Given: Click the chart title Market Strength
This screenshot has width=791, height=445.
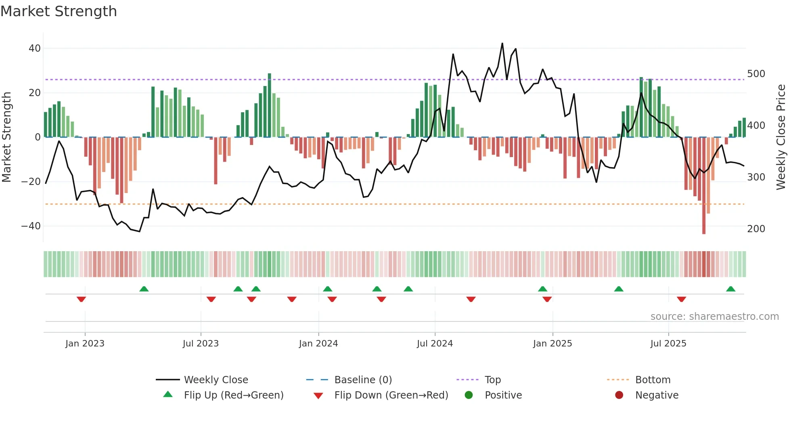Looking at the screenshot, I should [x=59, y=11].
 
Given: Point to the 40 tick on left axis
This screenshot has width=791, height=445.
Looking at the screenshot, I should [x=35, y=48].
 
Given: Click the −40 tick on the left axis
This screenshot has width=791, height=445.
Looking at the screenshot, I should [x=31, y=226].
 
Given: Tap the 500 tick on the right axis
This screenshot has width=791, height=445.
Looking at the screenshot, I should [x=756, y=74].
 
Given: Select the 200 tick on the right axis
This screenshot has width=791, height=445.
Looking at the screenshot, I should [x=756, y=229].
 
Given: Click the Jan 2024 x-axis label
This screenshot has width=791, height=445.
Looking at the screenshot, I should [x=318, y=344].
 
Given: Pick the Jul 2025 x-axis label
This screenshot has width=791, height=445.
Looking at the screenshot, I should [x=668, y=344].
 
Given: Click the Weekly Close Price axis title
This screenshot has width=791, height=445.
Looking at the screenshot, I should [x=781, y=137].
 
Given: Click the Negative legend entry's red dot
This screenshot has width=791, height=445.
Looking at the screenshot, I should [x=619, y=395].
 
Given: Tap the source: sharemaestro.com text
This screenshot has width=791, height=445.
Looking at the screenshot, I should [x=714, y=317].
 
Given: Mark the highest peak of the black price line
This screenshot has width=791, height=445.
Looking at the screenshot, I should [x=502, y=44].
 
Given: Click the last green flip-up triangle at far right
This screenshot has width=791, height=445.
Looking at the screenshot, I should [x=730, y=289].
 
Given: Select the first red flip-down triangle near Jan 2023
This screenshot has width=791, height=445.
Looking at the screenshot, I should [x=81, y=299].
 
